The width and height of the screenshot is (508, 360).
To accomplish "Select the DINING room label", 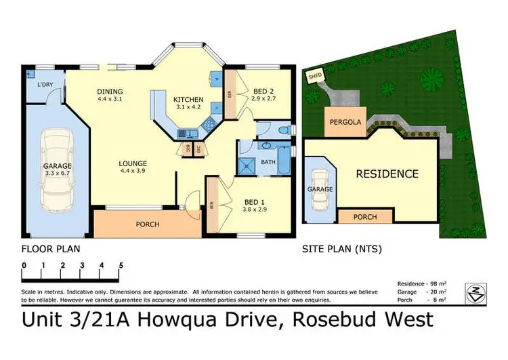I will [x=109, y=91].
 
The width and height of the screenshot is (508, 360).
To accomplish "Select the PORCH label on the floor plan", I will [x=148, y=224].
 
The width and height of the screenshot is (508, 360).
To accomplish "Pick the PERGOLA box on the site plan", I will [x=345, y=122].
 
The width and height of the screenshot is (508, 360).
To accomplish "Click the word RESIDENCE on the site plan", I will [x=387, y=174].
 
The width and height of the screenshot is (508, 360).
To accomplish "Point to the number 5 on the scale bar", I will [x=121, y=265].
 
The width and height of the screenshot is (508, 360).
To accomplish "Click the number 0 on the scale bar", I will [x=24, y=265].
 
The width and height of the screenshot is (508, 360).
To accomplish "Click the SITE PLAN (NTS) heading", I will [x=341, y=249].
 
